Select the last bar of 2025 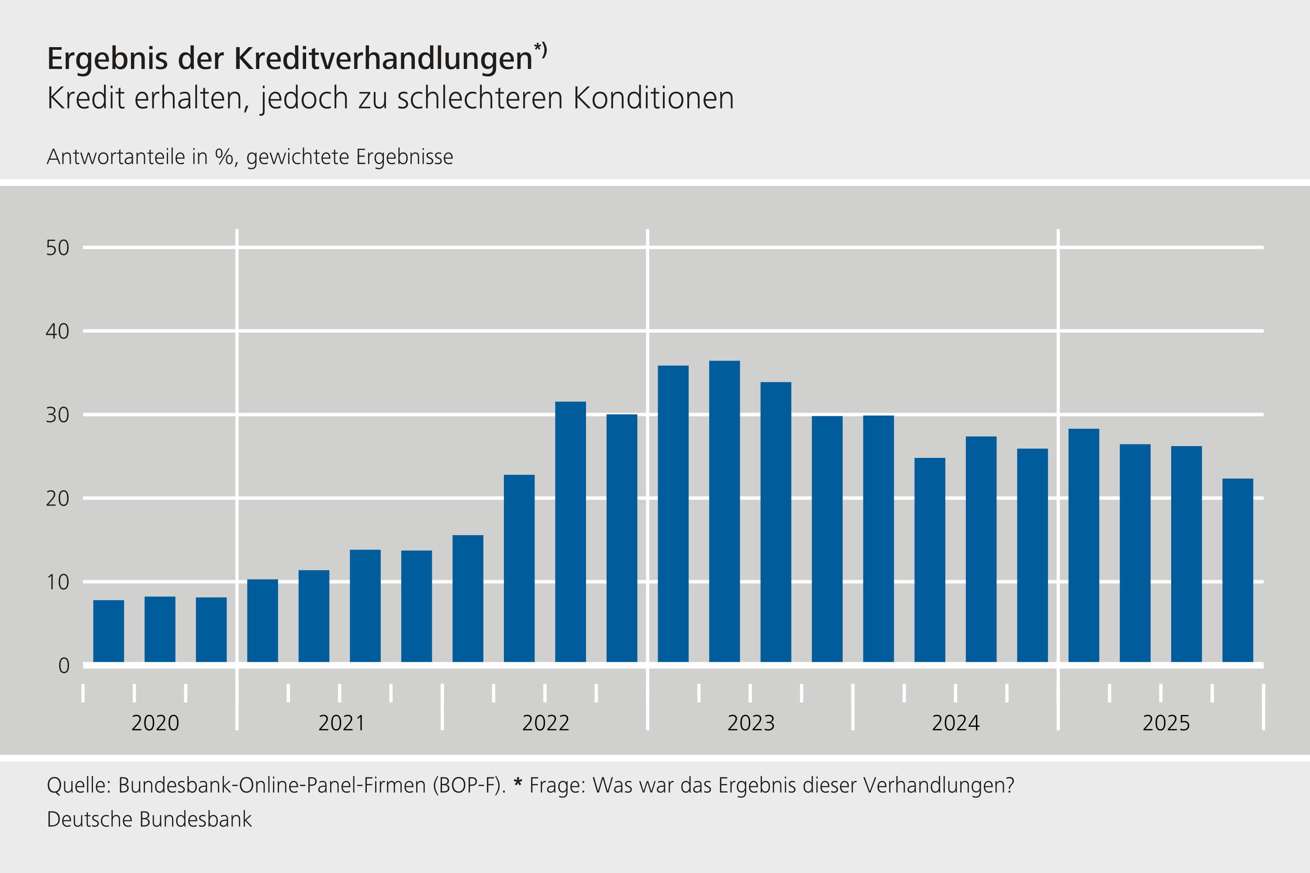(x=1238, y=570)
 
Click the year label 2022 (x=545, y=723)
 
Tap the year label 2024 (x=956, y=723)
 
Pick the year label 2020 (x=155, y=723)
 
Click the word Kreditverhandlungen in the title (x=383, y=58)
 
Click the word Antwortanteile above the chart (x=116, y=157)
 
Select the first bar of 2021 (x=262, y=620)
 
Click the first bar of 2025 (x=1083, y=545)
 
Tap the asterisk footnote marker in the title (x=538, y=48)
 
